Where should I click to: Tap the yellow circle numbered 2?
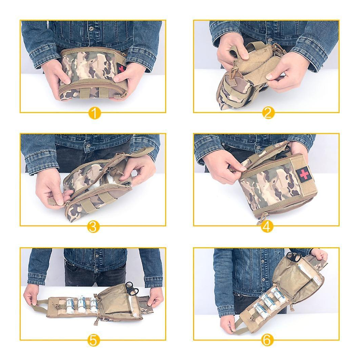click(268, 113)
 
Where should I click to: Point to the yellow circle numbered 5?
click(93, 340)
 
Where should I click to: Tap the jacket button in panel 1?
click(91, 28)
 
